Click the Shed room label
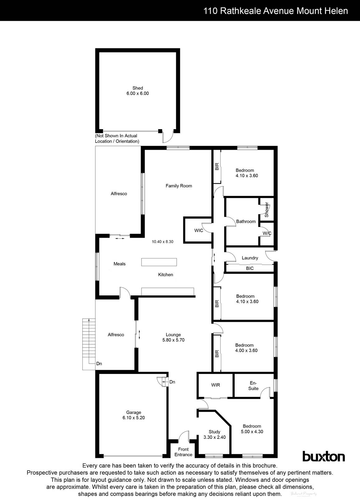click(x=137, y=88)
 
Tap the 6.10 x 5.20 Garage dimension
click(x=133, y=418)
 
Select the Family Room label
click(x=179, y=186)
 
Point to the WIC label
click(x=199, y=230)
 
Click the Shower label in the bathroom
click(x=267, y=210)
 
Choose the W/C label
click(x=267, y=233)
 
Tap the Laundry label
click(x=250, y=258)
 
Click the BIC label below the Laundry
click(x=250, y=268)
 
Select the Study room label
click(x=214, y=432)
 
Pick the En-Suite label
click(x=253, y=386)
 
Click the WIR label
click(x=215, y=385)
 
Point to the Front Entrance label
click(x=183, y=452)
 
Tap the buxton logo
click(x=324, y=457)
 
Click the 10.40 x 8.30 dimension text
click(x=162, y=241)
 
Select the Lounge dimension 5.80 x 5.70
click(x=173, y=340)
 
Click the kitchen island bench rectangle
click(x=159, y=262)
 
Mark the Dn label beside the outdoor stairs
click(x=99, y=364)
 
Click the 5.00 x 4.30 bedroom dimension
click(x=252, y=432)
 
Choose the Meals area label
click(x=119, y=264)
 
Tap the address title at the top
click(x=276, y=11)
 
